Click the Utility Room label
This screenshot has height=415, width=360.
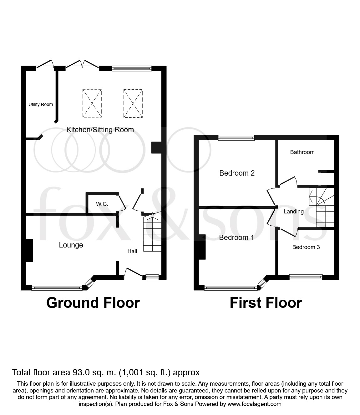click(41, 104)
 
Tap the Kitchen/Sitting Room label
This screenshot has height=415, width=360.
click(100, 130)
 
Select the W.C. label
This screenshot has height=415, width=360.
click(102, 204)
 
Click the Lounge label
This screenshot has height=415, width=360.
click(71, 245)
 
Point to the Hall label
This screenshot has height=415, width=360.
click(132, 251)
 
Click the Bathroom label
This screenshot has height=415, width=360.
click(302, 152)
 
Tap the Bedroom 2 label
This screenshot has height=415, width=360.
click(237, 173)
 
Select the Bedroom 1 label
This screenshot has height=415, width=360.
click(236, 237)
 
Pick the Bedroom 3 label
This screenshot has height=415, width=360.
click(306, 247)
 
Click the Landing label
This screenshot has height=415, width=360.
click(293, 212)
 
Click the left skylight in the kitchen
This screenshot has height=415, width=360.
click(92, 103)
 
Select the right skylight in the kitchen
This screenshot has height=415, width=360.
click(133, 103)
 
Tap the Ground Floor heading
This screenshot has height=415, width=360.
click(93, 303)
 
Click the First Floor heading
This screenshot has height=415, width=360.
click(266, 303)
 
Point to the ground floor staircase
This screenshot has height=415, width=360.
click(152, 233)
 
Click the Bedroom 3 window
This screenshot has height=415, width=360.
click(306, 277)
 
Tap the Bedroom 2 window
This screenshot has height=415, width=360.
click(236, 137)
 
